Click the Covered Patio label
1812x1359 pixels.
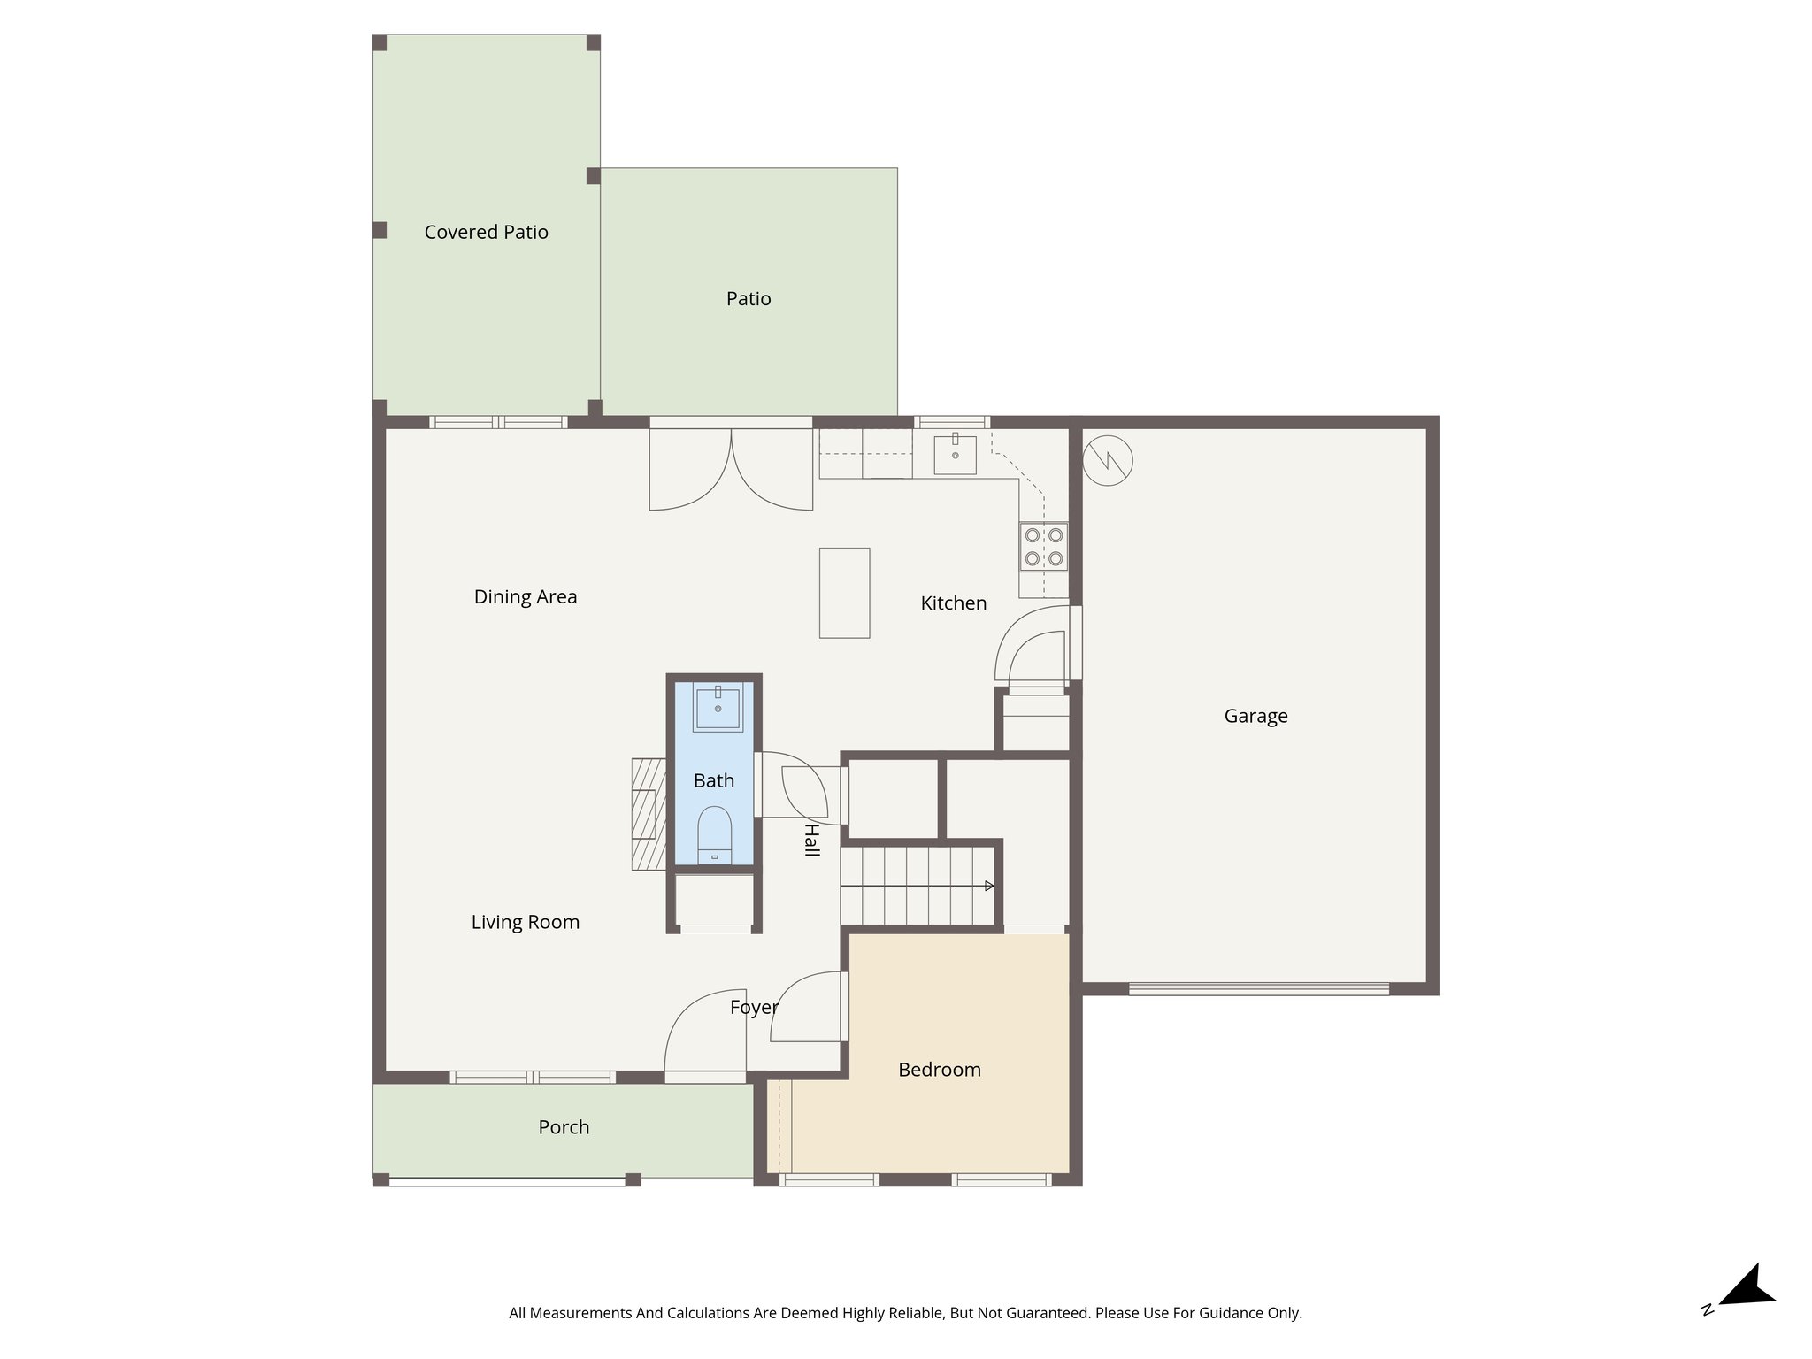tap(486, 232)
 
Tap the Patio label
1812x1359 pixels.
tap(749, 299)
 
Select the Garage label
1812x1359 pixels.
tap(1255, 716)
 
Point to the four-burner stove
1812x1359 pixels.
tap(1044, 547)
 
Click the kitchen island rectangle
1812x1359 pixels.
tap(844, 593)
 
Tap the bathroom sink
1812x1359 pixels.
tap(717, 709)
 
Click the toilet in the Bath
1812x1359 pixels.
tap(714, 834)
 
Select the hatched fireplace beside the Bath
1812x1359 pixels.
tap(649, 814)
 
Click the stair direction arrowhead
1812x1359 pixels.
tap(989, 886)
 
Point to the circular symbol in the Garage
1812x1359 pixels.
tap(1108, 460)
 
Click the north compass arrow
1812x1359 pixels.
tap(1747, 1288)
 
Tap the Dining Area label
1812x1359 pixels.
tap(526, 597)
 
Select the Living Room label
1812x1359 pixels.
tap(526, 923)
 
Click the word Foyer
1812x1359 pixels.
tap(754, 1007)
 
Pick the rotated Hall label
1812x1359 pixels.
tap(810, 840)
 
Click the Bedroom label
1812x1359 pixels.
tap(940, 1070)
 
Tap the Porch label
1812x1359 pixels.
tap(564, 1127)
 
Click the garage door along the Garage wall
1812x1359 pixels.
tap(1258, 989)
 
